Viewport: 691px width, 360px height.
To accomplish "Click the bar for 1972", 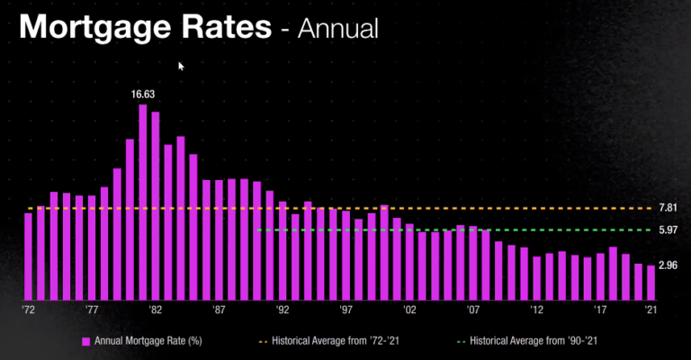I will (29, 256).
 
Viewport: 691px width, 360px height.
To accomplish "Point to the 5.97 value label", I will (668, 230).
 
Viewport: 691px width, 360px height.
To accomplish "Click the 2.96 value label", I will (668, 265).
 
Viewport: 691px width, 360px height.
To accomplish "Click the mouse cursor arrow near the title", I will (181, 66).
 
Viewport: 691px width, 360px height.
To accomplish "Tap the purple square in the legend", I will (86, 341).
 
